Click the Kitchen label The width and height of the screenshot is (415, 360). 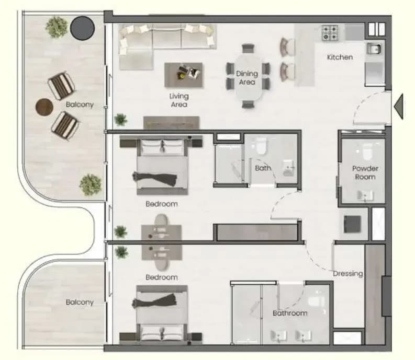pos(340,57)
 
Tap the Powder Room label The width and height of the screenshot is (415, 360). pos(365,172)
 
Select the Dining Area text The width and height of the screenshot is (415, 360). pos(247,78)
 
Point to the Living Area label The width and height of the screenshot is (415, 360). pos(179,100)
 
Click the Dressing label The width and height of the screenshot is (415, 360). pos(348,274)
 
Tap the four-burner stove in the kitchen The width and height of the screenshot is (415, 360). pos(330,33)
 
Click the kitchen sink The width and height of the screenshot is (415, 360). pos(374,49)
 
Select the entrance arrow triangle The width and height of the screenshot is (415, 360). pos(399,107)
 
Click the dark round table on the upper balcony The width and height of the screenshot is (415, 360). pos(82,28)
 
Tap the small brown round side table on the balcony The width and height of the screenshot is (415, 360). pos(44,107)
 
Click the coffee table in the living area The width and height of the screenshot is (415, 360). pos(184,75)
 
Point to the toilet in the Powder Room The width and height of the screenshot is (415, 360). pos(367,152)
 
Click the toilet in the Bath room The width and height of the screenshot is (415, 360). pos(261,146)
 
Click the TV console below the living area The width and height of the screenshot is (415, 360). pos(172,123)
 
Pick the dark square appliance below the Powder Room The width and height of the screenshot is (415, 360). pos(352,224)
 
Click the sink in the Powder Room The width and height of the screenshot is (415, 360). pos(365,195)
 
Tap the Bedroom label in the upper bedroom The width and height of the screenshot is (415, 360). pos(162,204)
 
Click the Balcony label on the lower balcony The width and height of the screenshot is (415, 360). pos(80,302)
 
